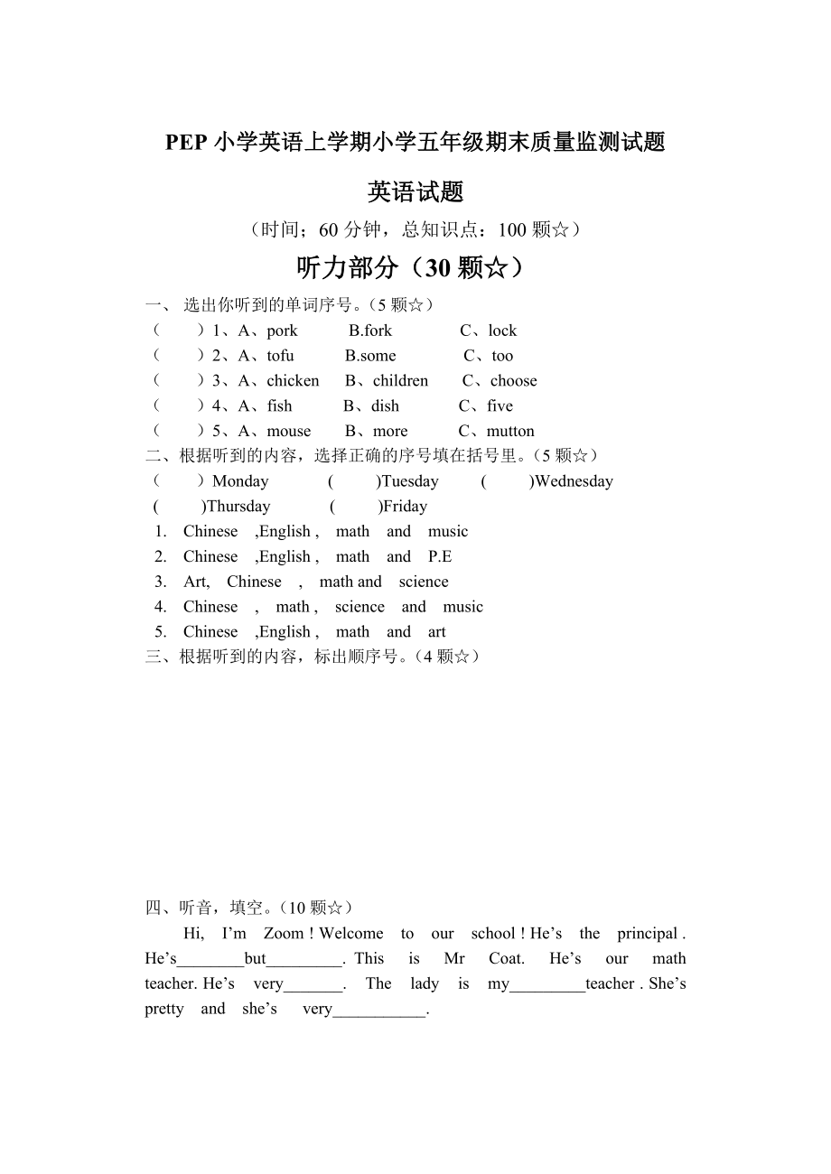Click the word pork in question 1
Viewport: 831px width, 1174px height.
pos(282,331)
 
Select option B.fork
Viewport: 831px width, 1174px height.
pos(370,331)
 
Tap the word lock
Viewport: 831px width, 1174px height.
pos(502,331)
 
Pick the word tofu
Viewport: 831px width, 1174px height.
pos(280,356)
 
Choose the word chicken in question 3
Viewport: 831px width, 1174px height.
pos(293,381)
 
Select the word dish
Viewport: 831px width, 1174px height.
pos(385,406)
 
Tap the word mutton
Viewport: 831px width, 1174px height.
pos(510,432)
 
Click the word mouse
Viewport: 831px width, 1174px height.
pos(288,432)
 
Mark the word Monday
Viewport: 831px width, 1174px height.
pos(240,481)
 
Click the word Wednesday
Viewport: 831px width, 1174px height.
pos(574,481)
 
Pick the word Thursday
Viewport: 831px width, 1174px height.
pos(238,507)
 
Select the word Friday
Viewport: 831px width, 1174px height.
pos(405,507)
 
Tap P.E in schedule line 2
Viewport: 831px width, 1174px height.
pos(440,557)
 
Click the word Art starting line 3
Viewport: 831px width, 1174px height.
pos(195,582)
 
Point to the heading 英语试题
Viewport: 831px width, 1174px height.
pos(415,191)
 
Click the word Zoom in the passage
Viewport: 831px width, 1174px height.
pos(284,934)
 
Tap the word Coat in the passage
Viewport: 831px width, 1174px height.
pos(506,959)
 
